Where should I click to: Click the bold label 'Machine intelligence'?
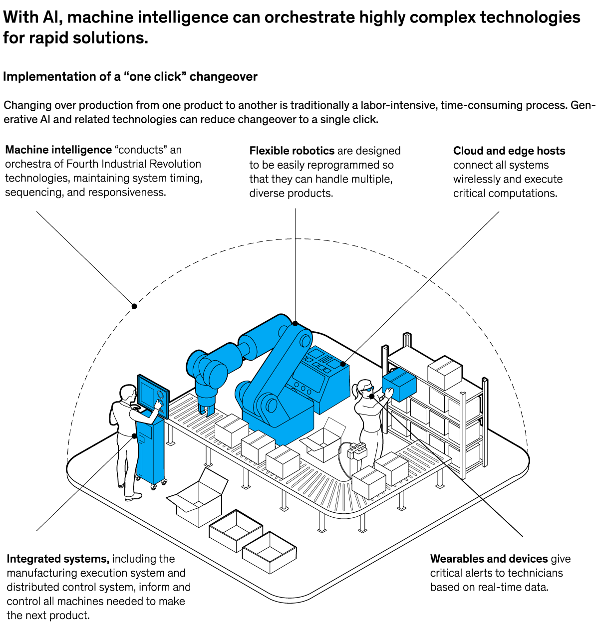(58, 150)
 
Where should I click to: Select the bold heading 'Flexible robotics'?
(292, 151)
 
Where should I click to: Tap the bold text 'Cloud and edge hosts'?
(509, 151)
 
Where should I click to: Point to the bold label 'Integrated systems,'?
(58, 559)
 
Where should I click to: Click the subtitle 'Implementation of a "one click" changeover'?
(130, 77)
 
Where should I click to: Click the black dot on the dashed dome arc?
(134, 306)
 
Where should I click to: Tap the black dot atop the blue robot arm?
(295, 323)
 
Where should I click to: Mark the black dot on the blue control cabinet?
(343, 364)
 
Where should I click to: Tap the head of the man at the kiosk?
(128, 393)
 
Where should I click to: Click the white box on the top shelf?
(445, 372)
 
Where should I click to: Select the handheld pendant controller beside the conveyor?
(357, 451)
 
